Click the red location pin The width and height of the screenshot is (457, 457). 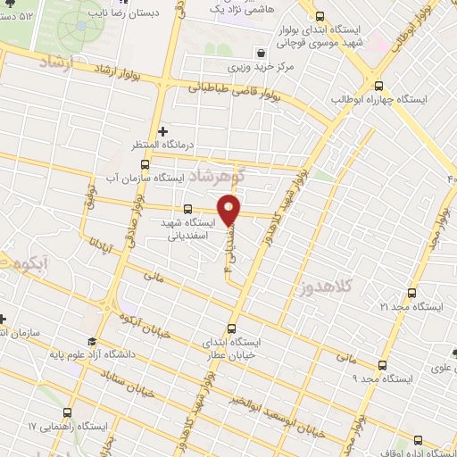pos(230,210)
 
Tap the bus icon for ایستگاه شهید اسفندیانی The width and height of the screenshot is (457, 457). pos(187,208)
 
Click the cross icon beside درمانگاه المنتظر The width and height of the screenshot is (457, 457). pos(163,132)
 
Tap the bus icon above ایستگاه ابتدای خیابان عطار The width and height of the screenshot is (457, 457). pos(232,328)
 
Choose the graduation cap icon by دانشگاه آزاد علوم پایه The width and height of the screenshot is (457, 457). pos(90,341)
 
